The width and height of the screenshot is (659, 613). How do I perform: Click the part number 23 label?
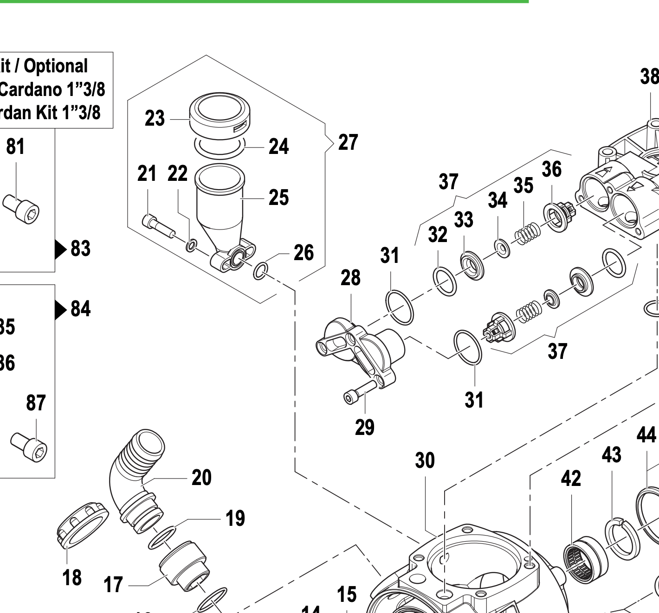(x=155, y=118)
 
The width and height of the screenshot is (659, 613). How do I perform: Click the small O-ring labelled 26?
(x=260, y=271)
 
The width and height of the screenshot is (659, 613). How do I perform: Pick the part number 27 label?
(x=348, y=142)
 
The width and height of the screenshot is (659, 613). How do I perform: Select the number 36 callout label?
(x=551, y=169)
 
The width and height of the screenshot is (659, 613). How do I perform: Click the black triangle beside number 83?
(x=60, y=249)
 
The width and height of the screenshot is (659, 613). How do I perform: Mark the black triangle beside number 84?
(x=60, y=310)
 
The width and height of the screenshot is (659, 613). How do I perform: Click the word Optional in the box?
(x=56, y=66)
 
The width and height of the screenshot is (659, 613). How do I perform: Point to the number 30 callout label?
(x=425, y=460)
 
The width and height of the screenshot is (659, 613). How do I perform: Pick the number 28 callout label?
(x=350, y=278)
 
